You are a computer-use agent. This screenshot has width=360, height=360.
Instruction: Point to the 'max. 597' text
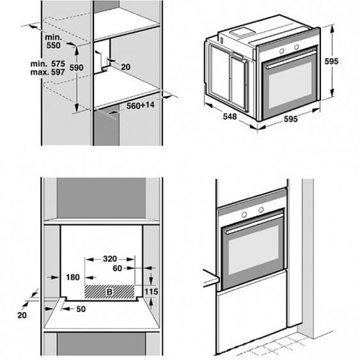tap(47, 72)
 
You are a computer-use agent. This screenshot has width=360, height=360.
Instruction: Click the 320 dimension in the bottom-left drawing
tap(109, 259)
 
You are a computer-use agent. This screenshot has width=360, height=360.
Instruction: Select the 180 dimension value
tap(73, 277)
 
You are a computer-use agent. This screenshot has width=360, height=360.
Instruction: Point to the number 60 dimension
tap(117, 268)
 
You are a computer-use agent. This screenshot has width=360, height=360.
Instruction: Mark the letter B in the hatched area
tap(109, 291)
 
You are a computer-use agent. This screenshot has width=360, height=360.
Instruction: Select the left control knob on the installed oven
tap(244, 214)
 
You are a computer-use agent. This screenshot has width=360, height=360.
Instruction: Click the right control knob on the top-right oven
tap(296, 46)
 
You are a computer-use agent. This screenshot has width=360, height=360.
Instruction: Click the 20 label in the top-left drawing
tap(125, 67)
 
